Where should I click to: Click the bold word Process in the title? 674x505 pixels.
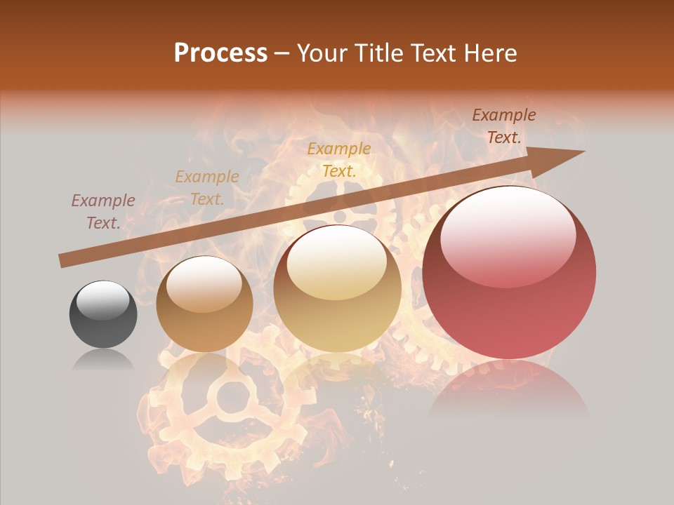pyautogui.click(x=220, y=53)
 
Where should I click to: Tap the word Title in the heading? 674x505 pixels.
pyautogui.click(x=378, y=53)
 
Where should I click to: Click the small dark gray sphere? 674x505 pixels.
pyautogui.click(x=103, y=314)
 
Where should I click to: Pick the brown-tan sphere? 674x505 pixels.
pyautogui.click(x=204, y=304)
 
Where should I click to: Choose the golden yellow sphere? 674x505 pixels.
pyautogui.click(x=337, y=288)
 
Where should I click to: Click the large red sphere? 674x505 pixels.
pyautogui.click(x=509, y=272)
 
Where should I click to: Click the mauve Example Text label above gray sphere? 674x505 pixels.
pyautogui.click(x=103, y=212)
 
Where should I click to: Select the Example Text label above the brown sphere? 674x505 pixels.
pyautogui.click(x=207, y=188)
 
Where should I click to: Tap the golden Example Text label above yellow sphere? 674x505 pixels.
pyautogui.click(x=339, y=159)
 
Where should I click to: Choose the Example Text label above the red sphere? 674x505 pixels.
pyautogui.click(x=504, y=126)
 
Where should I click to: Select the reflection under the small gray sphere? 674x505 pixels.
pyautogui.click(x=103, y=361)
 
